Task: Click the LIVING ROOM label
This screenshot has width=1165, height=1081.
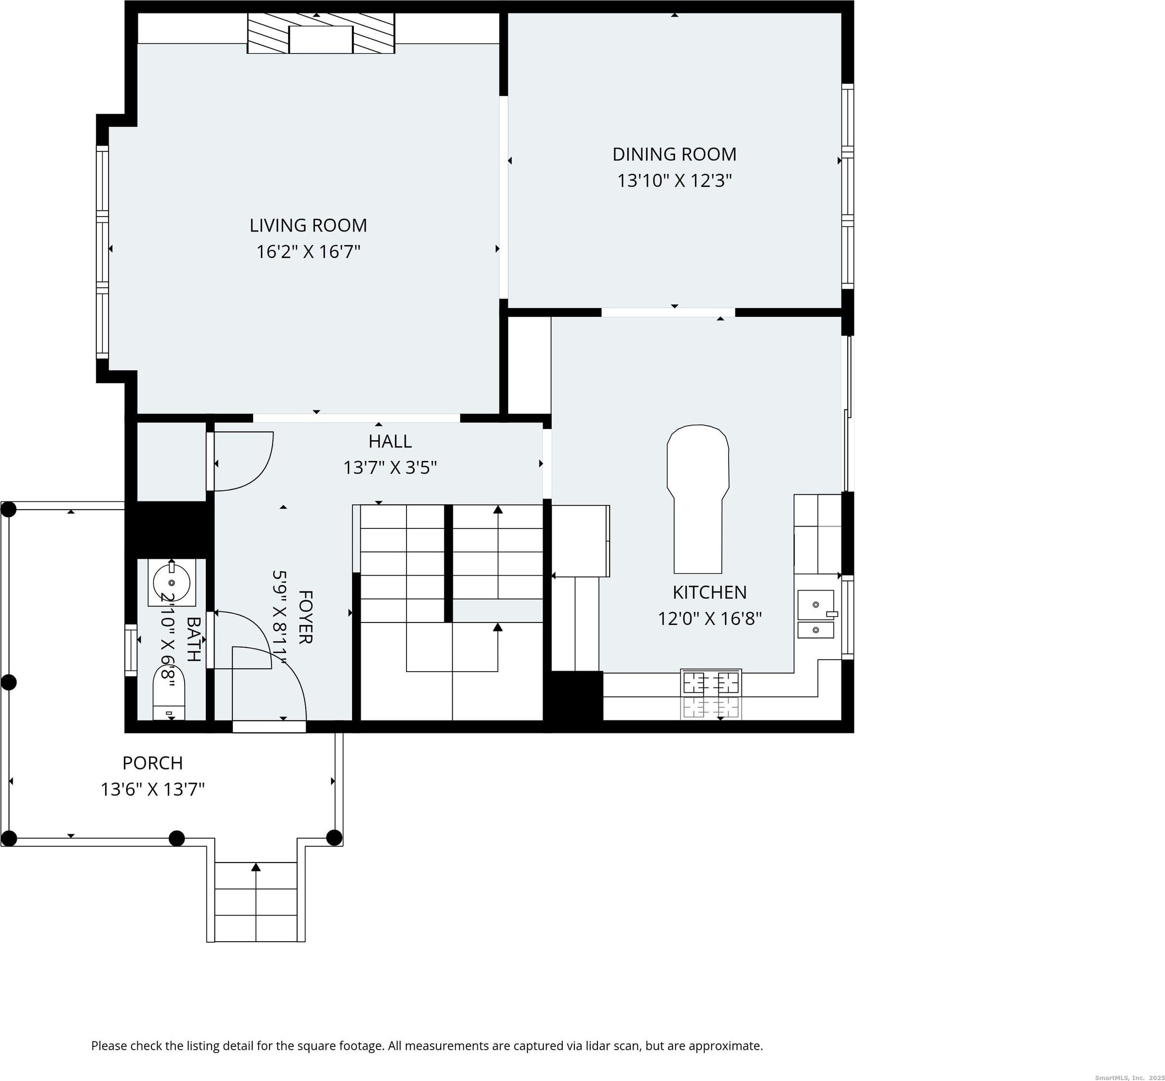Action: coord(308,225)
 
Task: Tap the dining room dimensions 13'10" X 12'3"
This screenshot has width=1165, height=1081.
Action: coord(675,181)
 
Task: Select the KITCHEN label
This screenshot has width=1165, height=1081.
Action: coord(710,593)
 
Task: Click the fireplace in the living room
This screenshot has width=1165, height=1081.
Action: coord(321,33)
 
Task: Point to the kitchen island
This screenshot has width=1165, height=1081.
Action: coord(698,499)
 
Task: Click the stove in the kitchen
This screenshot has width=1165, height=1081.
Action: coord(711,694)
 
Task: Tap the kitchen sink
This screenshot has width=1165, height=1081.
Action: coord(816,614)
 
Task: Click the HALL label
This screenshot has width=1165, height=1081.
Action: coord(390,441)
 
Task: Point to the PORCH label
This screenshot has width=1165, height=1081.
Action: coord(153,763)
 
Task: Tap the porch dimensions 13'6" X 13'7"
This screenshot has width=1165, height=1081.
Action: coord(153,790)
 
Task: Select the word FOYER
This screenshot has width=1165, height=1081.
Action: coord(305,617)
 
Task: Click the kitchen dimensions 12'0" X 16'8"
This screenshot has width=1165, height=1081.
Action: coord(710,619)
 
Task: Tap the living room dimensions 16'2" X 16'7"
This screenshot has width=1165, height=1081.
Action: coord(308,252)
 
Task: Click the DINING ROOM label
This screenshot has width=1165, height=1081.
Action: coord(675,154)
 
